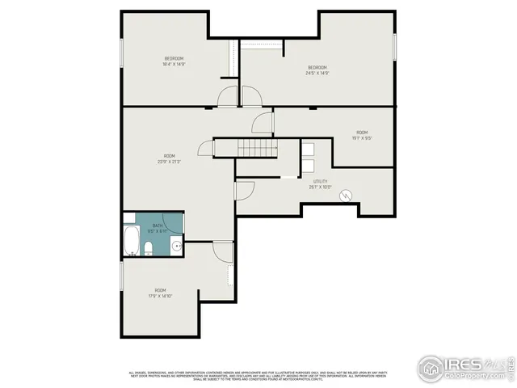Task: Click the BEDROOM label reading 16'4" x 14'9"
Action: [x=174, y=61]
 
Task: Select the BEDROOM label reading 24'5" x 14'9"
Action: [x=317, y=70]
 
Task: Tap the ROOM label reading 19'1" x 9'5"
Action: [x=362, y=135]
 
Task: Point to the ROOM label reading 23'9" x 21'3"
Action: [x=169, y=158]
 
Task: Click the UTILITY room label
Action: [x=320, y=184]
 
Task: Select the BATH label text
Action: [x=157, y=228]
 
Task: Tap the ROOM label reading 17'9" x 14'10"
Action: [x=160, y=293]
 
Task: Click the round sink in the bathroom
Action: [x=176, y=247]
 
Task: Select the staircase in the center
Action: [x=257, y=148]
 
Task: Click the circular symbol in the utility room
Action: [x=346, y=196]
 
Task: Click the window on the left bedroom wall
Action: [x=122, y=53]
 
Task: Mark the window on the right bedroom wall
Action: [x=395, y=45]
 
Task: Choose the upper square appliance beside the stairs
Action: [x=309, y=148]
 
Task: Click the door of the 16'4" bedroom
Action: [x=229, y=98]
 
